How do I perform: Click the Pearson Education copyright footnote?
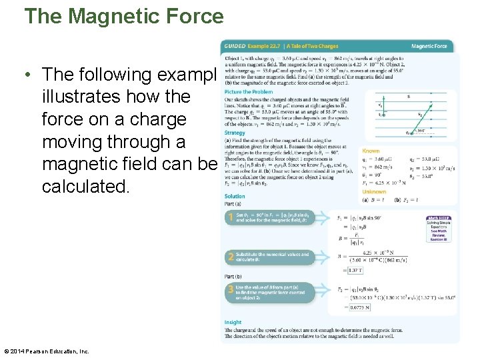[x=47, y=351]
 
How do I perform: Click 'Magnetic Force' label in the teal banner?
[x=429, y=47]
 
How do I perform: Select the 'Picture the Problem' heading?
[x=248, y=92]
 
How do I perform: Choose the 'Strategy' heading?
[x=234, y=133]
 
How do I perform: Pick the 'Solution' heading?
[x=234, y=196]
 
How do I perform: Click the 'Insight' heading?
[x=233, y=322]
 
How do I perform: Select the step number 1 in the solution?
[x=230, y=217]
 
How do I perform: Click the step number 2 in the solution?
[x=230, y=257]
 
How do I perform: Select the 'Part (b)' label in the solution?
[x=234, y=276]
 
